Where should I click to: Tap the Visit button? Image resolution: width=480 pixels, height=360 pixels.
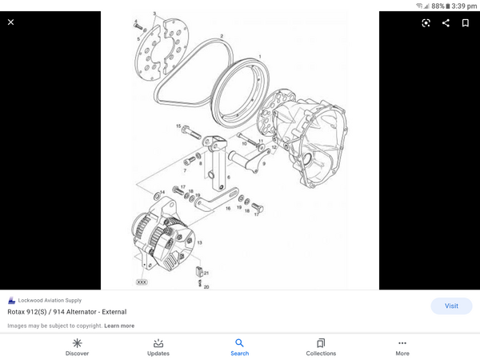click(451, 306)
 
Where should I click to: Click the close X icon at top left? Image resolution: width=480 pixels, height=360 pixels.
click(10, 22)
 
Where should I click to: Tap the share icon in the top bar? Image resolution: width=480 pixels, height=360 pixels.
click(446, 22)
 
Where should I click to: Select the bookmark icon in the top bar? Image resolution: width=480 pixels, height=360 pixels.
click(465, 22)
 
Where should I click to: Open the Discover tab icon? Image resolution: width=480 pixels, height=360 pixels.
click(77, 342)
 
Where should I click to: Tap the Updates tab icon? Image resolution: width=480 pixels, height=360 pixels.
click(158, 342)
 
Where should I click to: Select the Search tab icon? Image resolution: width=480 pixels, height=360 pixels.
click(240, 342)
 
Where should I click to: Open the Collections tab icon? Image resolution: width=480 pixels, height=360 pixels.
click(321, 342)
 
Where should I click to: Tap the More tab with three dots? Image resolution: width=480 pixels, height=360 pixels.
click(402, 342)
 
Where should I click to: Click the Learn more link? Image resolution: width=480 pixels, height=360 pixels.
click(119, 326)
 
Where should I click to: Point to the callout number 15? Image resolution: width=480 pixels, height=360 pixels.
click(178, 127)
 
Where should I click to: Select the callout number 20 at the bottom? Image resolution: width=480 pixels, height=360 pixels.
click(206, 286)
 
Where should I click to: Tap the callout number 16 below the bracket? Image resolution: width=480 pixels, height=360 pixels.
click(228, 208)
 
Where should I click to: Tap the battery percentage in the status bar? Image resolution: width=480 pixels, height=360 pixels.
click(438, 6)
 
